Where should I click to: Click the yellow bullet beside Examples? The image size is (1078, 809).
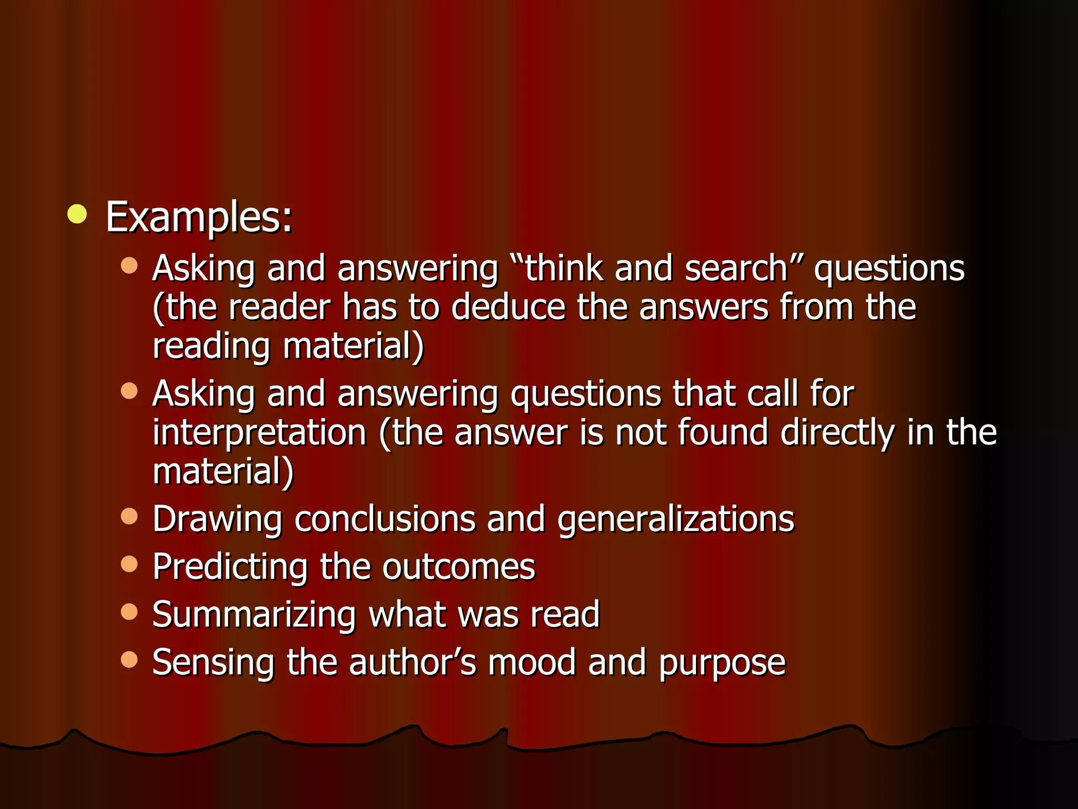77,214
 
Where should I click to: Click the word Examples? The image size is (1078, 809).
198,217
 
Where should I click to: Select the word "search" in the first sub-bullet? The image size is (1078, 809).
736,269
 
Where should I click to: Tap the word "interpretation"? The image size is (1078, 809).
259,433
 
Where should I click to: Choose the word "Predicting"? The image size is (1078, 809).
230,568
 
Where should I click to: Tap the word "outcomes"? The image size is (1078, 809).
458,568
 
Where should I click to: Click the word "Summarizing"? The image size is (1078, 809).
254,615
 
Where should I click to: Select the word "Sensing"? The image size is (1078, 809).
213,663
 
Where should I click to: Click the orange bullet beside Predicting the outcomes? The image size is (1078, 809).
129,564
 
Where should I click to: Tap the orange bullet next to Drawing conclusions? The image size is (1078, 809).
129,516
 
